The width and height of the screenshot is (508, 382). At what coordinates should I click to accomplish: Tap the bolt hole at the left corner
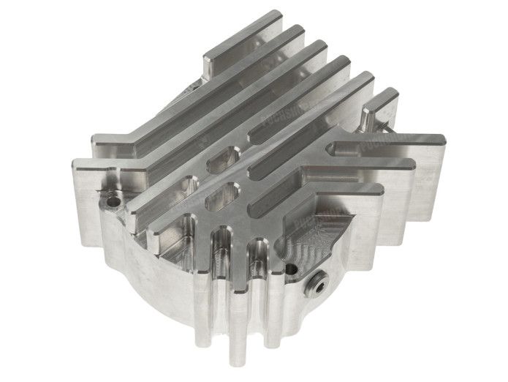tap(112, 198)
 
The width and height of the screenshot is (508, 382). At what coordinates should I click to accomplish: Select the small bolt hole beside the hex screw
tap(292, 270)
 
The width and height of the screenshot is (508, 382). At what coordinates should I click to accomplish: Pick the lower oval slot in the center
tap(221, 195)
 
